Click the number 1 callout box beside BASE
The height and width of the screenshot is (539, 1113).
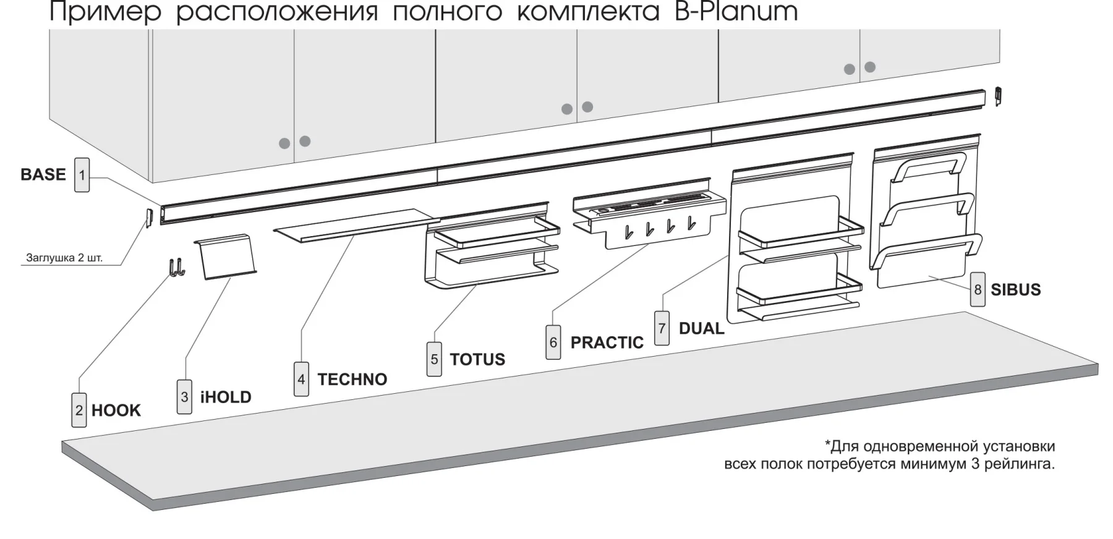(x=82, y=175)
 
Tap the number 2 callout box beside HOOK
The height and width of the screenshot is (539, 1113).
(x=79, y=410)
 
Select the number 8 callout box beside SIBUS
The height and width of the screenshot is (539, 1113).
(x=978, y=289)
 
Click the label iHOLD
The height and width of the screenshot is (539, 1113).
(x=226, y=397)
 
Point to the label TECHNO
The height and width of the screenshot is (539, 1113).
(x=352, y=379)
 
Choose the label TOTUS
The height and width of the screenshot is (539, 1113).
(x=477, y=359)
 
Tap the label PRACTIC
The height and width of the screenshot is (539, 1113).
(x=607, y=342)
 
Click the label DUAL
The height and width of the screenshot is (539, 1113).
(x=701, y=328)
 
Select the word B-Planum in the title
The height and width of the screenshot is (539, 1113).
(x=736, y=12)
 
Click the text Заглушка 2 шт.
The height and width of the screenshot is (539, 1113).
(x=64, y=257)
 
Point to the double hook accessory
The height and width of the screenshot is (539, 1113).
(x=176, y=268)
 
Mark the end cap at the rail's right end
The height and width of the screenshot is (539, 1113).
(x=997, y=96)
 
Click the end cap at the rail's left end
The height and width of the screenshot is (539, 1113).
(x=148, y=218)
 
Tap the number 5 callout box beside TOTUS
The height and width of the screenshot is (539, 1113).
(x=434, y=360)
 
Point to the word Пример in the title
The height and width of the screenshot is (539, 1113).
(x=105, y=12)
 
